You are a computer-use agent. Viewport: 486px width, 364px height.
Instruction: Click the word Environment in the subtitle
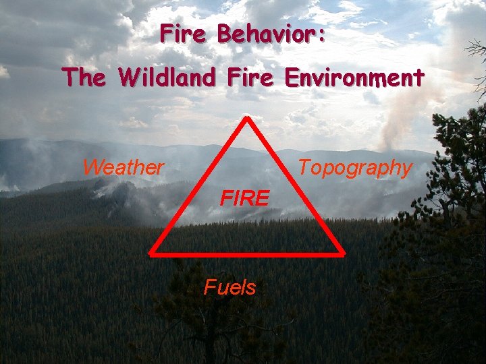coord(355,78)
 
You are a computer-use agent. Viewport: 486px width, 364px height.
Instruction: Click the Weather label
coord(123,167)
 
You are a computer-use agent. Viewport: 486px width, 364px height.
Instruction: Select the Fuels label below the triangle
coord(230,288)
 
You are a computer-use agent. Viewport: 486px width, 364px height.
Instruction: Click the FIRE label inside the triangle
coord(245,198)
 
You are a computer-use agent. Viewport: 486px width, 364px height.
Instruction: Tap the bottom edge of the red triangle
coord(248,253)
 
